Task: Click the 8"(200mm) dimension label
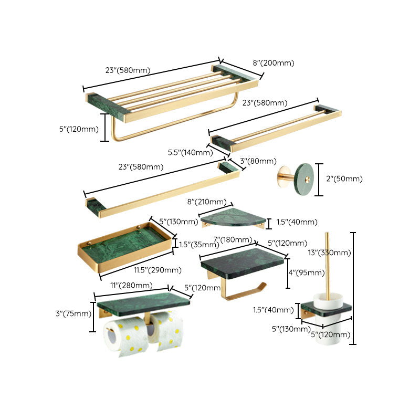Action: (273, 63)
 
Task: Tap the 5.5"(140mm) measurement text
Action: (190, 153)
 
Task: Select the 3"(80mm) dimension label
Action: (258, 161)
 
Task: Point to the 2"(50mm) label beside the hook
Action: (344, 179)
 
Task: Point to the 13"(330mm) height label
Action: (329, 253)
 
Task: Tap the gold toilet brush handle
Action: (327, 262)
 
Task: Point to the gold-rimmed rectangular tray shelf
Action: (125, 245)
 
